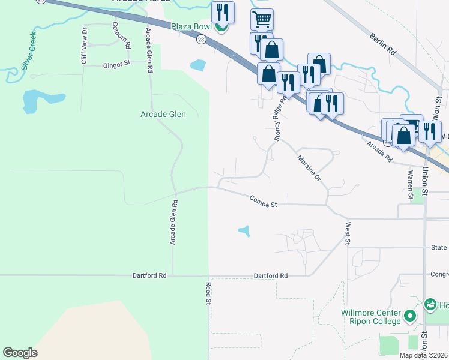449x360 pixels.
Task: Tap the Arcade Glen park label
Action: (163, 114)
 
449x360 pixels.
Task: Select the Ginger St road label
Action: (116, 64)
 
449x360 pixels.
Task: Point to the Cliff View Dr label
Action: (85, 46)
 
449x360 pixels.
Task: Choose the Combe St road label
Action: (264, 205)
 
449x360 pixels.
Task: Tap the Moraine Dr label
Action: (310, 169)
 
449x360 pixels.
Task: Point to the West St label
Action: (348, 233)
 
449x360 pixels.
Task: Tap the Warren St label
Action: (411, 184)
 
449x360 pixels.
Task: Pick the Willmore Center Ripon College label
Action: (371, 317)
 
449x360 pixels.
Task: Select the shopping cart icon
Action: (262, 19)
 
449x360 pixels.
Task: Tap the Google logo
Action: (20, 353)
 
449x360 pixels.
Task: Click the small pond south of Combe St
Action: (244, 230)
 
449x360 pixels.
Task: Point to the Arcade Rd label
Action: (379, 152)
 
